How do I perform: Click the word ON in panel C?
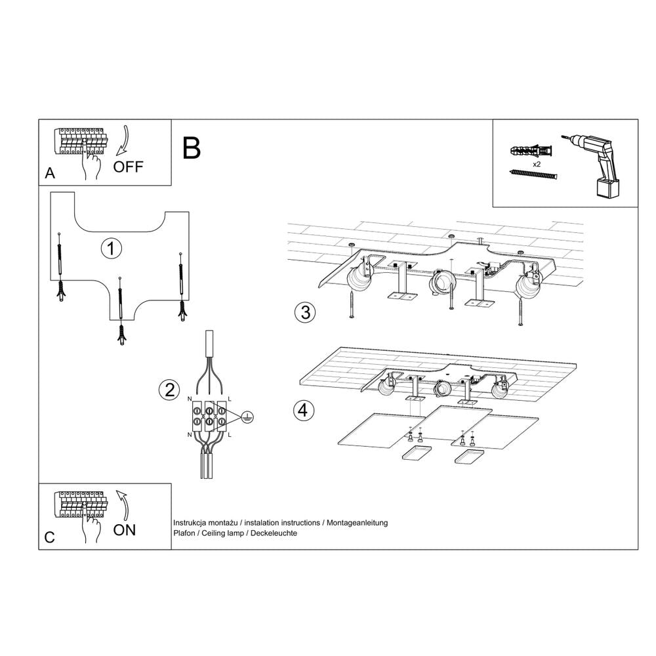(x=125, y=530)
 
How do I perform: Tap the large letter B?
(x=192, y=148)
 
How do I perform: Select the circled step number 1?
(x=112, y=249)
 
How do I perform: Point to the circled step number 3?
(x=304, y=312)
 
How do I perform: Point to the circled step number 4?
(x=302, y=411)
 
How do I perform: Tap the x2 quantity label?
(x=536, y=163)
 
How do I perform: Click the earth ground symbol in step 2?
(x=247, y=415)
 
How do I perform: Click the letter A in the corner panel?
(x=49, y=174)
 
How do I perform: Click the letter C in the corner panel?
(x=49, y=537)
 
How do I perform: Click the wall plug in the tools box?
(x=531, y=151)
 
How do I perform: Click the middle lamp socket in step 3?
(x=441, y=283)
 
